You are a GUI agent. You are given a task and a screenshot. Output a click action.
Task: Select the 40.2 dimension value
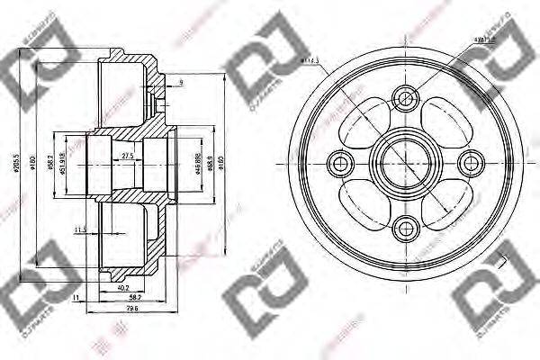click(x=122, y=288)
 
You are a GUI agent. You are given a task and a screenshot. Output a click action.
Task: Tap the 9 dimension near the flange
click(x=180, y=83)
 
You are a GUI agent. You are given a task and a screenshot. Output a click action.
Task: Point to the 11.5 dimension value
click(x=81, y=229)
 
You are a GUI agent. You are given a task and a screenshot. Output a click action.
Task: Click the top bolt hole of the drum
click(x=405, y=98)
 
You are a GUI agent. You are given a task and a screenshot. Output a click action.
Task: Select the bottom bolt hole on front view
click(x=405, y=229)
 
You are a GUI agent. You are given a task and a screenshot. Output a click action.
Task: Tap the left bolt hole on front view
click(x=340, y=163)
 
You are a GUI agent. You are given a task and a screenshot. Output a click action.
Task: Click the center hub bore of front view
click(x=405, y=163)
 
